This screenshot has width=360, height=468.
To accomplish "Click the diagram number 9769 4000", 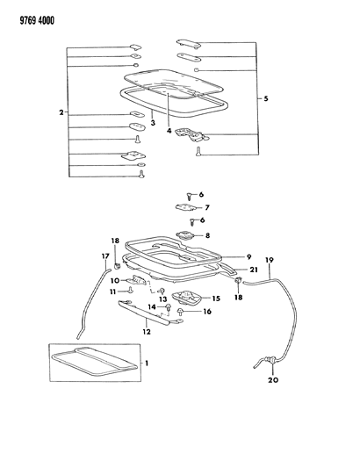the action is (37, 20).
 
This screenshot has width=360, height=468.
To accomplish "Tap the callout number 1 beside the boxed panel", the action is (147, 364).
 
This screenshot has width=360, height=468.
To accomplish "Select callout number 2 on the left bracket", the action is (61, 112).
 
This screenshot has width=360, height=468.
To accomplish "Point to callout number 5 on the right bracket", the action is (266, 98).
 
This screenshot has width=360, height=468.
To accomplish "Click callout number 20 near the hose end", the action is (273, 379).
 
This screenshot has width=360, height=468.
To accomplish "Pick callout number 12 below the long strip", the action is (147, 332).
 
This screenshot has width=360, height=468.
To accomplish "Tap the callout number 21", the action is (254, 270).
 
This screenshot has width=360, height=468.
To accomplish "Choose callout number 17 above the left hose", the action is (105, 256).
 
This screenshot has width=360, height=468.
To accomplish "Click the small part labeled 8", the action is (186, 235).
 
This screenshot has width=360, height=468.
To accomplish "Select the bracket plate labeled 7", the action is (185, 207).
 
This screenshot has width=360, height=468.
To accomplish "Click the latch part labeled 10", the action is (138, 280).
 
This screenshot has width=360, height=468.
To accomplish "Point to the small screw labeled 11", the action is (131, 289).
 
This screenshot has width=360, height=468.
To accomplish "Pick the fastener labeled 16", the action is (181, 312).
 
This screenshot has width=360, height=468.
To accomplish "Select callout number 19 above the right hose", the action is (270, 260).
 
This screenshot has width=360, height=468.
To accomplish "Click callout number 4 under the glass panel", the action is (169, 131).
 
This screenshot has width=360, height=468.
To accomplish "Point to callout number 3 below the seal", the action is (153, 123).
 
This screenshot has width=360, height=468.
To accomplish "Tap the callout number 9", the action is (249, 256).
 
